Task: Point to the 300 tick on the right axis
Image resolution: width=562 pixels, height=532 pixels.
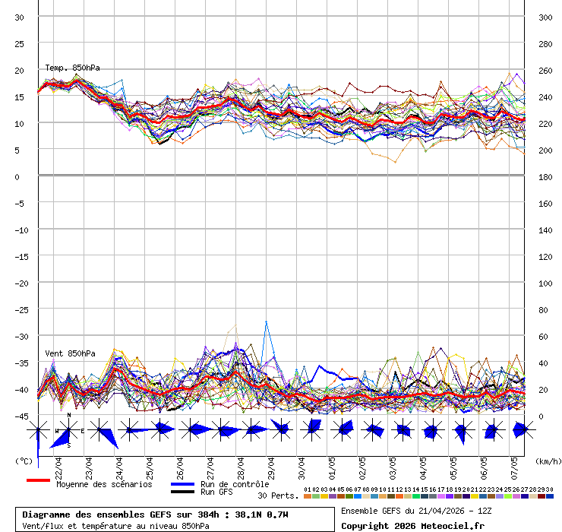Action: pyautogui.click(x=545, y=17)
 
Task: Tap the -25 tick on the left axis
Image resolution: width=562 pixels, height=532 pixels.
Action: pyautogui.click(x=21, y=310)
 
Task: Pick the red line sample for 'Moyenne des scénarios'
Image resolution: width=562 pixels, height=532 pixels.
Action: pyautogui.click(x=38, y=480)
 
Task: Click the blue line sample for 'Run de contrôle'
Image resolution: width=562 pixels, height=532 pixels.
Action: pyautogui.click(x=182, y=484)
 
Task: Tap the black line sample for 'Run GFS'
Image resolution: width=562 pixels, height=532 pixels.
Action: pyautogui.click(x=182, y=492)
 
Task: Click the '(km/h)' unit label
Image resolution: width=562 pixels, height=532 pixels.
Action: pyautogui.click(x=547, y=461)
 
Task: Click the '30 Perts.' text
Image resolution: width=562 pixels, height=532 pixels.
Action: pyautogui.click(x=278, y=496)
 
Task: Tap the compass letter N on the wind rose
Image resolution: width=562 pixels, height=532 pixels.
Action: pyautogui.click(x=69, y=416)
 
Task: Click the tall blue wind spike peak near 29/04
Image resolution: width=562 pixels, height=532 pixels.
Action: pyautogui.click(x=266, y=321)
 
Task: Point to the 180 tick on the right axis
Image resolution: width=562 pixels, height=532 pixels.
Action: pyautogui.click(x=545, y=177)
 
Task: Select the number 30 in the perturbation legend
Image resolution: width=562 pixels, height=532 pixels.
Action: pyautogui.click(x=549, y=489)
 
